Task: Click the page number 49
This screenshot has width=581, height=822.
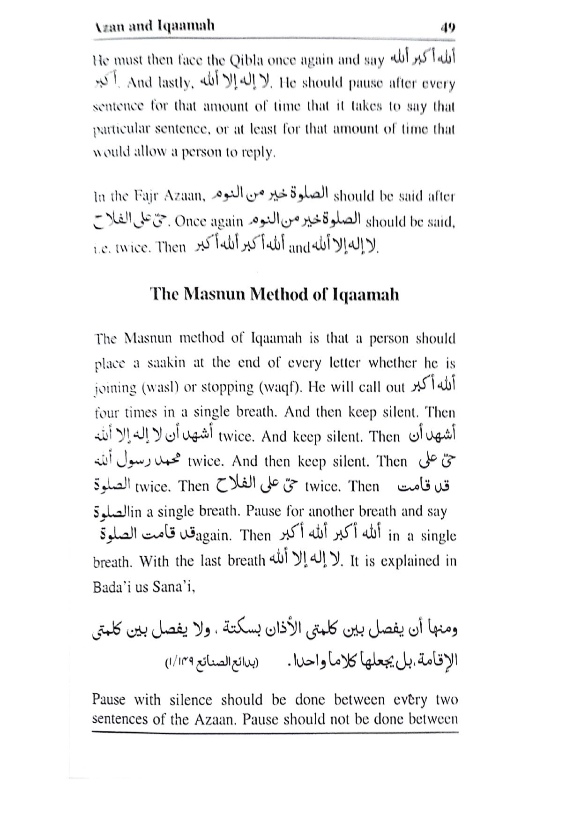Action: point(447,27)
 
